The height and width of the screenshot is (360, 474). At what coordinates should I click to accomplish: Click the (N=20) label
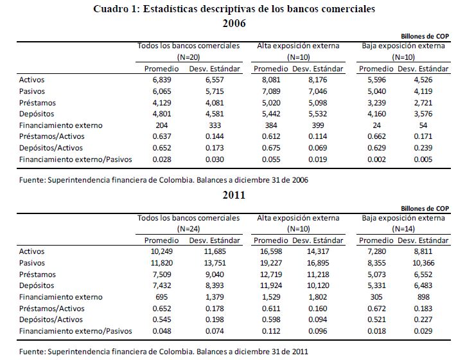pos(188,57)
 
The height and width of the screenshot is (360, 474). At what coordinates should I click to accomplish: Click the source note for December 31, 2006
pos(164,180)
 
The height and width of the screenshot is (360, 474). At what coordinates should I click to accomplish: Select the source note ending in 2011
pos(164,351)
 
